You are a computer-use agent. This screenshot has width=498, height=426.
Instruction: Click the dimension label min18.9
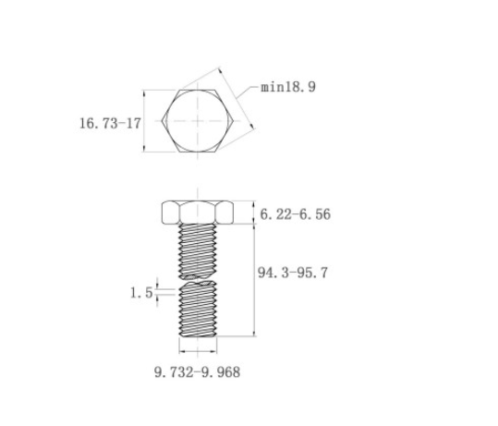tap(288, 87)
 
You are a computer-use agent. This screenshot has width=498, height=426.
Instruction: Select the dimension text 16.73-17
tap(110, 123)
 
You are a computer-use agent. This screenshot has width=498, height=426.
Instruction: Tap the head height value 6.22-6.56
tap(296, 214)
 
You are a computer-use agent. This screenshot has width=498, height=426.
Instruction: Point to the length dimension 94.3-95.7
tap(292, 273)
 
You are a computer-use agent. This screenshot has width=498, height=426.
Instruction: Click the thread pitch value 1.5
tap(141, 293)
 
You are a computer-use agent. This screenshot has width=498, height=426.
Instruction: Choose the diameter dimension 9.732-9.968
tap(197, 372)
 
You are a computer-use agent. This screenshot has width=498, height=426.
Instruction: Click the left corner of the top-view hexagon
tap(162, 121)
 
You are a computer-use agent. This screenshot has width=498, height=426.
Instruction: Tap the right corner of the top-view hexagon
tap(234, 121)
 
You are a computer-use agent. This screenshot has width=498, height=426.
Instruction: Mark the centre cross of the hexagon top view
tap(198, 121)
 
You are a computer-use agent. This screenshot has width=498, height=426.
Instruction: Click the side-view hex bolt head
tap(198, 213)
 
